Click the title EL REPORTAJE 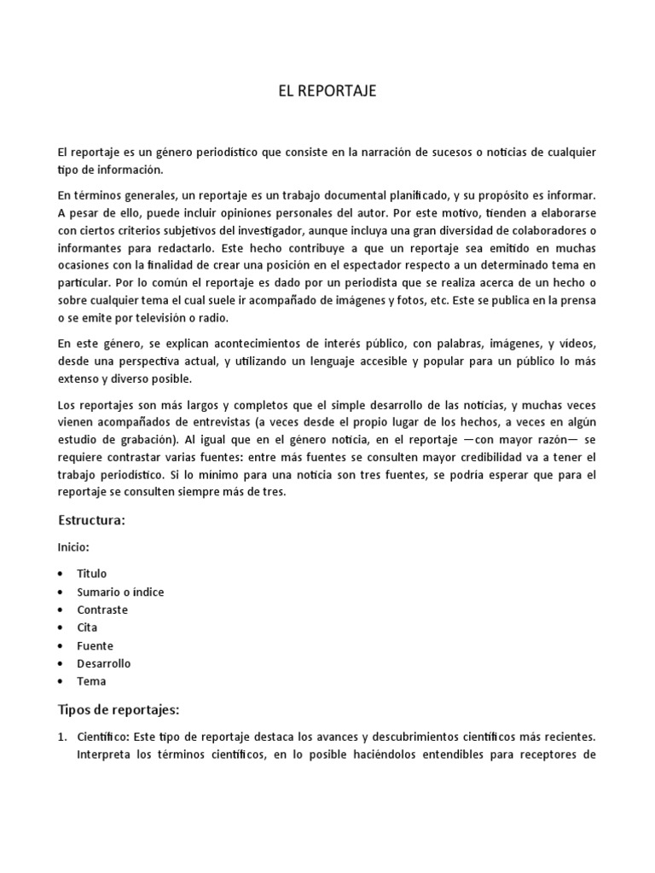[x=327, y=92]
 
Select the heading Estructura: [x=91, y=520]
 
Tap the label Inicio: [x=73, y=546]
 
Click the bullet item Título [x=92, y=574]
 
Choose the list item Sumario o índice [x=120, y=592]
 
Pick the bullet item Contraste [x=102, y=610]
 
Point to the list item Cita [x=88, y=627]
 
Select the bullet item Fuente [x=95, y=645]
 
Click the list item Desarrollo [x=104, y=663]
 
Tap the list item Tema [x=91, y=681]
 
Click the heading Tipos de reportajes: [x=118, y=709]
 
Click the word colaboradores [x=539, y=231]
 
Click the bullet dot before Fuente [x=61, y=645]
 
